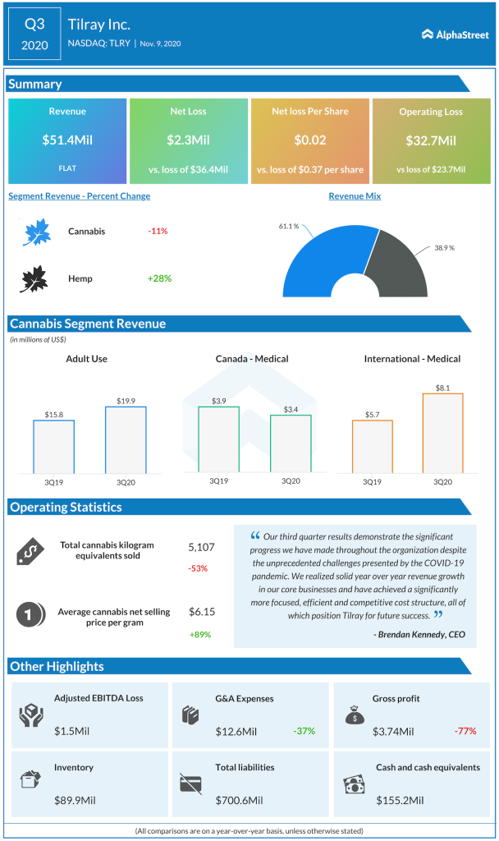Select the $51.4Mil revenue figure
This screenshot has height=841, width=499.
(x=67, y=140)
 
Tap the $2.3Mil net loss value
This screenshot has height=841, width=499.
(x=188, y=140)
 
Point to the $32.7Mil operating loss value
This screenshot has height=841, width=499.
(x=431, y=140)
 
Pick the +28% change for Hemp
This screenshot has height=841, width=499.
(x=159, y=278)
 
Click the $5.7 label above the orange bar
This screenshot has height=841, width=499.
(x=372, y=413)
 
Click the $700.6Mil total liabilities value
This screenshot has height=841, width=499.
(x=238, y=800)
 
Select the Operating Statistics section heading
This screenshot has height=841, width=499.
(x=66, y=508)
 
